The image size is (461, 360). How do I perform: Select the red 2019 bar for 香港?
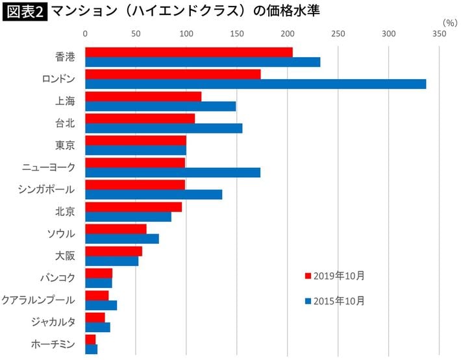[188, 52]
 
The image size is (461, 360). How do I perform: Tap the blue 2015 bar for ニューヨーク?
[172, 173]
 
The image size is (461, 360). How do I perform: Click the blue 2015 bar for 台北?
[164, 128]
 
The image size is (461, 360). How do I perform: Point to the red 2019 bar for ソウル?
[116, 229]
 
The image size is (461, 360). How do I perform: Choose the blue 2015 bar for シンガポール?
[153, 195]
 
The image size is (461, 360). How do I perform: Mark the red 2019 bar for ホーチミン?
[90, 339]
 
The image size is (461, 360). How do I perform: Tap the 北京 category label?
[65, 211]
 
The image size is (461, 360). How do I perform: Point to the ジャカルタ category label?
[53, 322]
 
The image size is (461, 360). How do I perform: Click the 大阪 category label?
[65, 256]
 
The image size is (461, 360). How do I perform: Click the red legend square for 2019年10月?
[308, 276]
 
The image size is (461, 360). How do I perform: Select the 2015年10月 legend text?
[339, 300]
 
